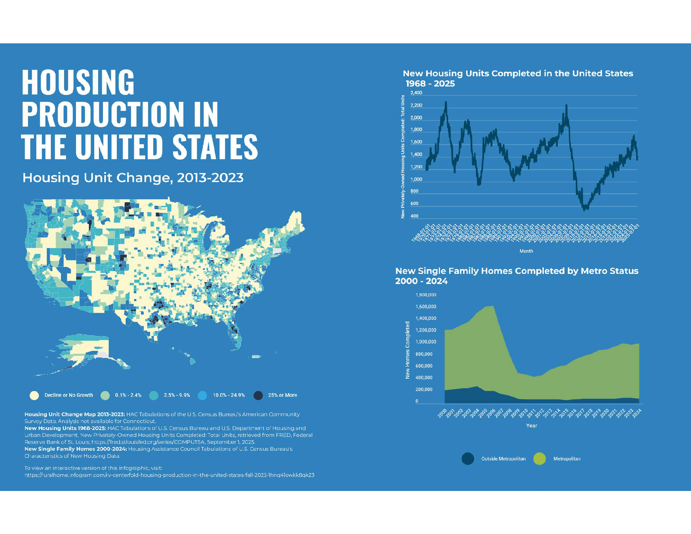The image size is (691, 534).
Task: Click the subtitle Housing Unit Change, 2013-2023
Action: point(133,178)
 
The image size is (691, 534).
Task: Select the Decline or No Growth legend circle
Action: point(34,395)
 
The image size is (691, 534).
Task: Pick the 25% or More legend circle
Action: point(258,395)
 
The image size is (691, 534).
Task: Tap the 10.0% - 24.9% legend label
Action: point(229,395)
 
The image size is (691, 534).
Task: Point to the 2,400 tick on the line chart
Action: point(416,93)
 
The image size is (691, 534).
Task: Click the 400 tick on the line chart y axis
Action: point(414,216)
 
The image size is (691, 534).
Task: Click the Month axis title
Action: point(526,251)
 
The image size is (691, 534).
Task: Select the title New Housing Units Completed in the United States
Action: point(518,74)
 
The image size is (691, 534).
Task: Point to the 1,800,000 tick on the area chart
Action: point(426,295)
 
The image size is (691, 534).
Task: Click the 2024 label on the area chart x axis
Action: point(637,413)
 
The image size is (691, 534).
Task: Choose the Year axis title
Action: point(531,426)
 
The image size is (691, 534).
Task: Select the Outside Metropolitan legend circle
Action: point(468,459)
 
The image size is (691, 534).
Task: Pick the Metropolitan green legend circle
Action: point(540,459)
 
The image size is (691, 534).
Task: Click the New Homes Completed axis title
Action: point(407,350)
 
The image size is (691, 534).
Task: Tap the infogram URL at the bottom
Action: point(169,475)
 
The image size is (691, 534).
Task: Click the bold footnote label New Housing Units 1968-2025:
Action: point(65,428)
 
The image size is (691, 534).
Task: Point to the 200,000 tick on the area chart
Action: point(424,390)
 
